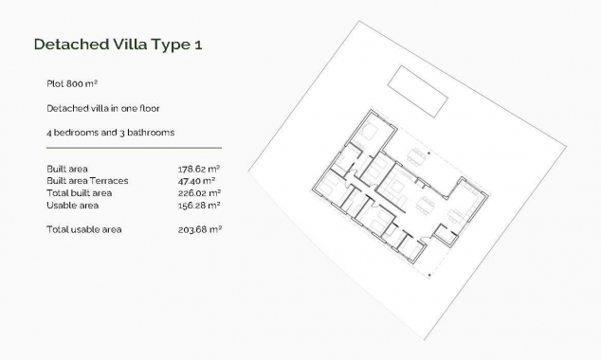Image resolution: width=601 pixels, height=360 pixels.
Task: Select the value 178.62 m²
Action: click(199, 170)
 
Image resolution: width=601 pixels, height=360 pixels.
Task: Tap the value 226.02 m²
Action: click(199, 192)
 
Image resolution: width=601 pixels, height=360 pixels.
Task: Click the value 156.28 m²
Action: click(199, 205)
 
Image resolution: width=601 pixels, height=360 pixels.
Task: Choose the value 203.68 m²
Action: click(199, 229)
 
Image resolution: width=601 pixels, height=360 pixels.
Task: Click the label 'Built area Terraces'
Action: click(87, 180)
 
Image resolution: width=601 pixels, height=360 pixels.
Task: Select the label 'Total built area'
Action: click(79, 192)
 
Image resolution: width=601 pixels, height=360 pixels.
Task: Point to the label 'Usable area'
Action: click(71, 205)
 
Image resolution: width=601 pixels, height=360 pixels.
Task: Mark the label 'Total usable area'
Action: click(84, 229)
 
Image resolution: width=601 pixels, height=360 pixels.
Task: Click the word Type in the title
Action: click(166, 45)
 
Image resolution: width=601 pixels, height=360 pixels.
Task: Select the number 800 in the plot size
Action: click(75, 83)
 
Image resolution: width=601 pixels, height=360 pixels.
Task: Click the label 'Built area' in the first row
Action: click(67, 170)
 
